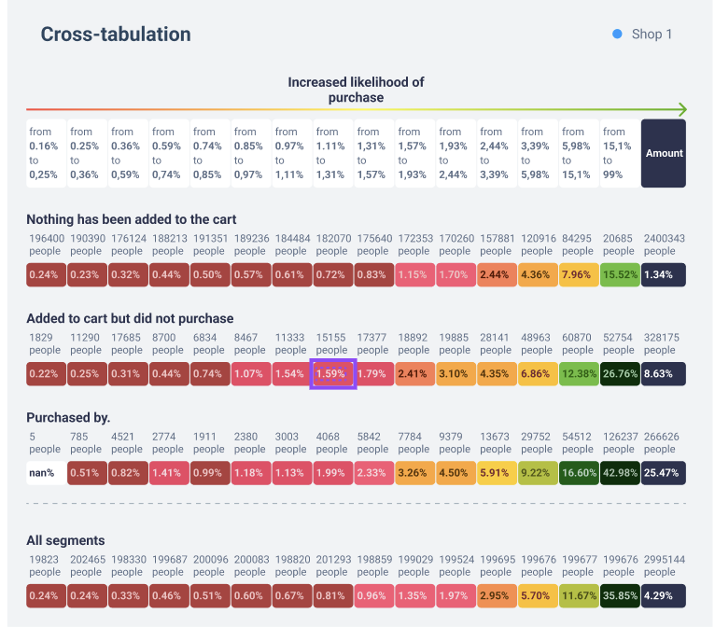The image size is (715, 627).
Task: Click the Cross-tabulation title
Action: coord(116,35)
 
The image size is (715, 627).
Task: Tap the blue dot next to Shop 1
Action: coord(617,35)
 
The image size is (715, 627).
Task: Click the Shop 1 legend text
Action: coord(652,35)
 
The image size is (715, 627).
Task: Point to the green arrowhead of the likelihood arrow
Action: coord(682,109)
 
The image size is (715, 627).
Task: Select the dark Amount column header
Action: coord(664,153)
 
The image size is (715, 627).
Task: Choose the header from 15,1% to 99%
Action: coord(619,153)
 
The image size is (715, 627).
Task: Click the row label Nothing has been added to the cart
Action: coord(132,219)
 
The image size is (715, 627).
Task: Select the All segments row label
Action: coord(65,540)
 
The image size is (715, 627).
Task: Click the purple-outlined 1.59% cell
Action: coord(333,374)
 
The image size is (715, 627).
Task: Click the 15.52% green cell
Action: coord(619,275)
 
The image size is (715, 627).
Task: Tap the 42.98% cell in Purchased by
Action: coord(619,473)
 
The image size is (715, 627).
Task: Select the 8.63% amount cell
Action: coord(664,374)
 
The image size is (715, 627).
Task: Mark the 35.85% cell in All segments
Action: coord(619,596)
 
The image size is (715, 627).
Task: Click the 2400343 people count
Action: coord(664,244)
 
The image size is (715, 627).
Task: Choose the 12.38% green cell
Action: coord(578,374)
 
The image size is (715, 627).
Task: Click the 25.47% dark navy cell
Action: coord(664,473)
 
